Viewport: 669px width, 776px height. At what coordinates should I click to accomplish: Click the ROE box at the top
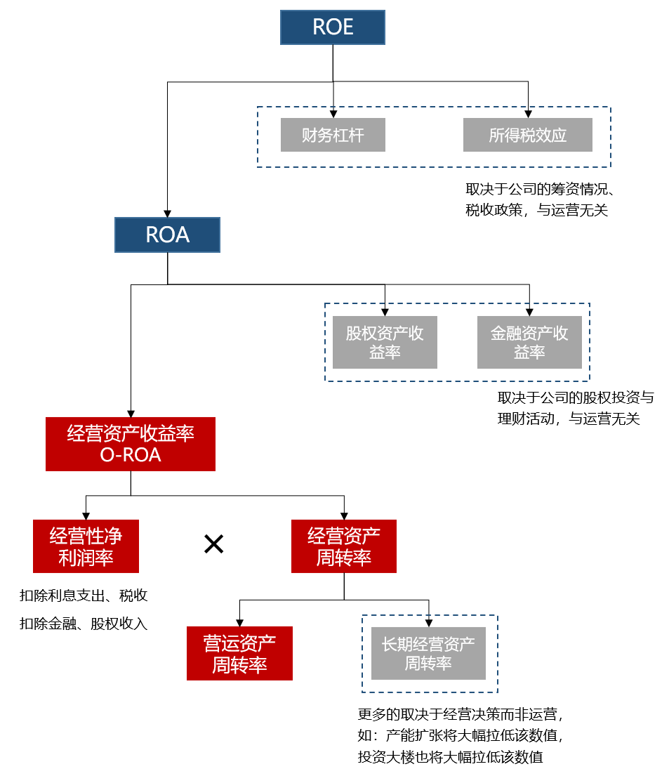pyautogui.click(x=333, y=28)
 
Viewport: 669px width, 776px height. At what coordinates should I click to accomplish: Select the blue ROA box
pyautogui.click(x=168, y=235)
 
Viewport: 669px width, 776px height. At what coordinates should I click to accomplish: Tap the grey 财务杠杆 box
pyautogui.click(x=333, y=135)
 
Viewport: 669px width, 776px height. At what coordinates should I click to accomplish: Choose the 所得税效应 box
pyautogui.click(x=528, y=135)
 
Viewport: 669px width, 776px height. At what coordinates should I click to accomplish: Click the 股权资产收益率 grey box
pyautogui.click(x=385, y=342)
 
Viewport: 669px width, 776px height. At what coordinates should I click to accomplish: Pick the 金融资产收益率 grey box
pyautogui.click(x=529, y=342)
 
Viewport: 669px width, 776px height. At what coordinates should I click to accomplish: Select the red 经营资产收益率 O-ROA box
pyautogui.click(x=131, y=444)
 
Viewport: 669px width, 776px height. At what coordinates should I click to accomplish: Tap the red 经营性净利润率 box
pyautogui.click(x=86, y=546)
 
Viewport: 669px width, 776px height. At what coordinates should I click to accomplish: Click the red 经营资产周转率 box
pyautogui.click(x=344, y=546)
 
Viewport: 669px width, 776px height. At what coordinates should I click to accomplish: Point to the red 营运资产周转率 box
pyautogui.click(x=239, y=653)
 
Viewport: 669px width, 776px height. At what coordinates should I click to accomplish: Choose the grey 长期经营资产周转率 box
pyautogui.click(x=428, y=653)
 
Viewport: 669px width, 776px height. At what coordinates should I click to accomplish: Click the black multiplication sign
pyautogui.click(x=213, y=544)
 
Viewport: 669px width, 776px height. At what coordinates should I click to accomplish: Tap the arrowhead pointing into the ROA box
pyautogui.click(x=168, y=212)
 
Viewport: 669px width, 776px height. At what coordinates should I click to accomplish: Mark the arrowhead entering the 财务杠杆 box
pyautogui.click(x=333, y=113)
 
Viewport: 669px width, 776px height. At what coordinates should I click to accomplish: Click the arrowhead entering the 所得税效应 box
pyautogui.click(x=528, y=113)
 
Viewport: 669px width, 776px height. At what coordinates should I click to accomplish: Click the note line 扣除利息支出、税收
pyautogui.click(x=84, y=596)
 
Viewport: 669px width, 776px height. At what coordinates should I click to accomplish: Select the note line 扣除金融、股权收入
pyautogui.click(x=84, y=624)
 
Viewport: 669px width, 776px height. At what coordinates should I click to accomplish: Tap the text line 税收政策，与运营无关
pyautogui.click(x=536, y=209)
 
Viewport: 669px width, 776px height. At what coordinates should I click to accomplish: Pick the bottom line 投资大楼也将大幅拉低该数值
pyautogui.click(x=450, y=757)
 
